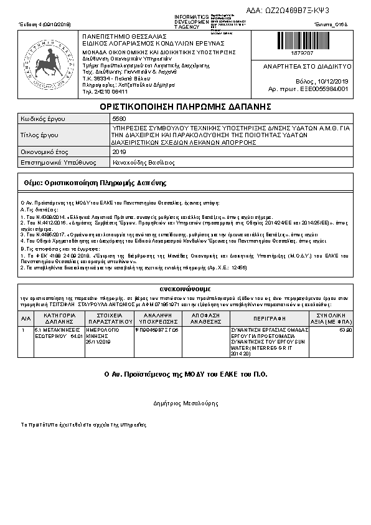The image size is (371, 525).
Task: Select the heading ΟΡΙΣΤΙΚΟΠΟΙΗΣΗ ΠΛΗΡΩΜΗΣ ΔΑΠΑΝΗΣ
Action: [x=185, y=107]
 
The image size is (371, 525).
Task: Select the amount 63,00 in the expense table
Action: [x=346, y=330]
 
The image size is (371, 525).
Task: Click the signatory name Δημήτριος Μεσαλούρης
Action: [x=185, y=403]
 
